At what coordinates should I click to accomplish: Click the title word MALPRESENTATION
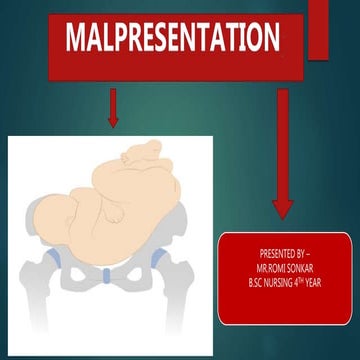point(172,39)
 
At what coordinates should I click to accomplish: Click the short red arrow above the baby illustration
point(112,108)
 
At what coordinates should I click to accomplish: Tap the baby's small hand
point(116,212)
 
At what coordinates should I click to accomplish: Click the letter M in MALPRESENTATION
point(75,39)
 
